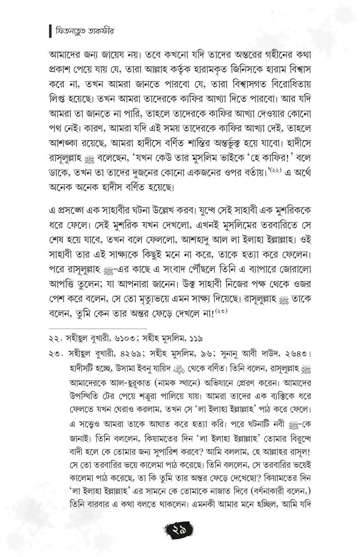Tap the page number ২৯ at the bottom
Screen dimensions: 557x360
tap(180, 529)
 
